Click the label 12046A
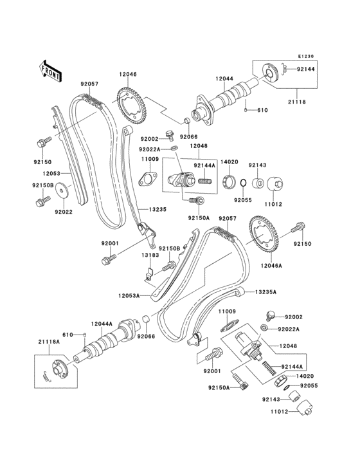[272, 264]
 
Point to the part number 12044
[224, 78]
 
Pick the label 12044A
[102, 324]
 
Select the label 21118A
[48, 342]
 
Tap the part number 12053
[52, 173]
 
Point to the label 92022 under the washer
[62, 211]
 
